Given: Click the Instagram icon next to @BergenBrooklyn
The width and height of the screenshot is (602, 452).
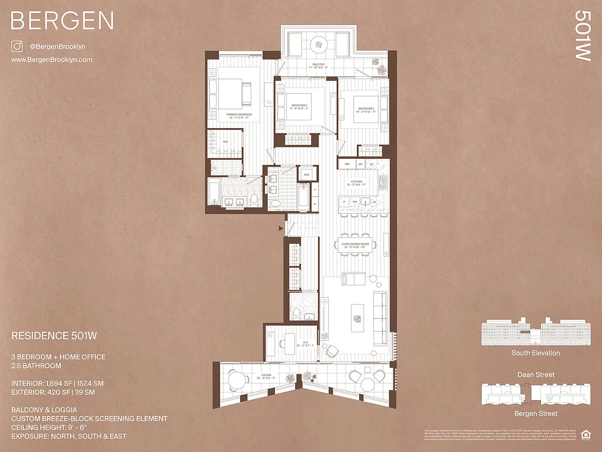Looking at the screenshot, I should tap(17, 47).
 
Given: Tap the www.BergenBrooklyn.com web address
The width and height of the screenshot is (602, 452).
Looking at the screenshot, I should tap(51, 59).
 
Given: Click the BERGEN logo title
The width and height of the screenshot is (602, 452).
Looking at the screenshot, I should tap(62, 21).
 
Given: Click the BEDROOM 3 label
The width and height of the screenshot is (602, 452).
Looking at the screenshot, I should tap(300, 107).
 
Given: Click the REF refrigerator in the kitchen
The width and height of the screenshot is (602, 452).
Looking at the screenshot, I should tap(347, 164).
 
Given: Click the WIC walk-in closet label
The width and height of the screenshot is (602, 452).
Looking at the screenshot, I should tap(225, 142).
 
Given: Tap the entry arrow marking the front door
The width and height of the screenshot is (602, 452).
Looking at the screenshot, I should tap(281, 228).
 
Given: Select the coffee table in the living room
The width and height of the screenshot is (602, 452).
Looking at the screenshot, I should tap(356, 318).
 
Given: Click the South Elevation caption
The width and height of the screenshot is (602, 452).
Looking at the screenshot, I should tap(536, 353).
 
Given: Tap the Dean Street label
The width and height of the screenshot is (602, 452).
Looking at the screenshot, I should tap(536, 375).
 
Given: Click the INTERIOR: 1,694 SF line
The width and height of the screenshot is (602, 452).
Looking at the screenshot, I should tap(58, 384).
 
